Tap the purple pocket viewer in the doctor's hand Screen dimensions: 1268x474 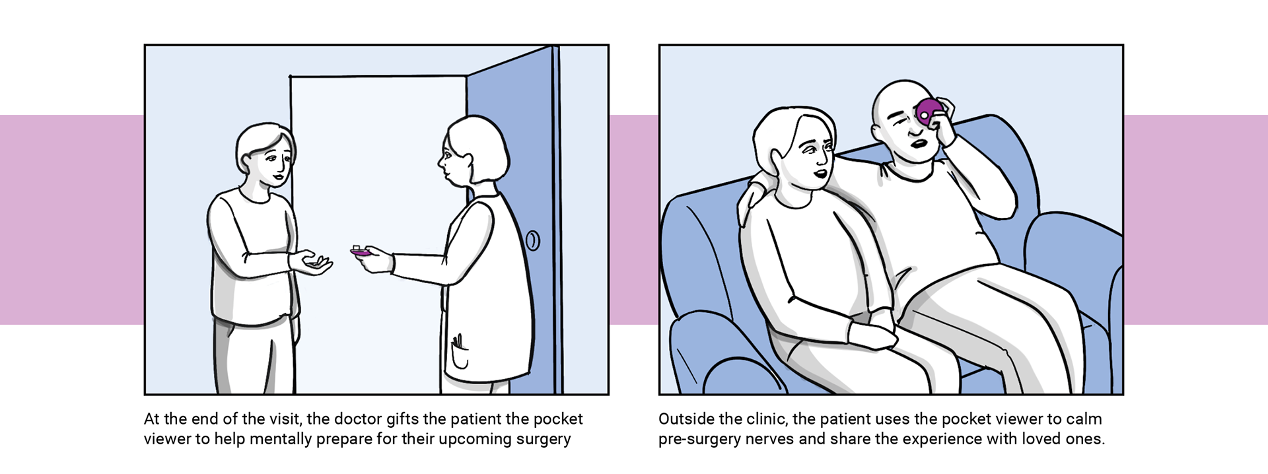tap(361, 252)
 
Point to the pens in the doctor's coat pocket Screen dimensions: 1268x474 tap(458, 343)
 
